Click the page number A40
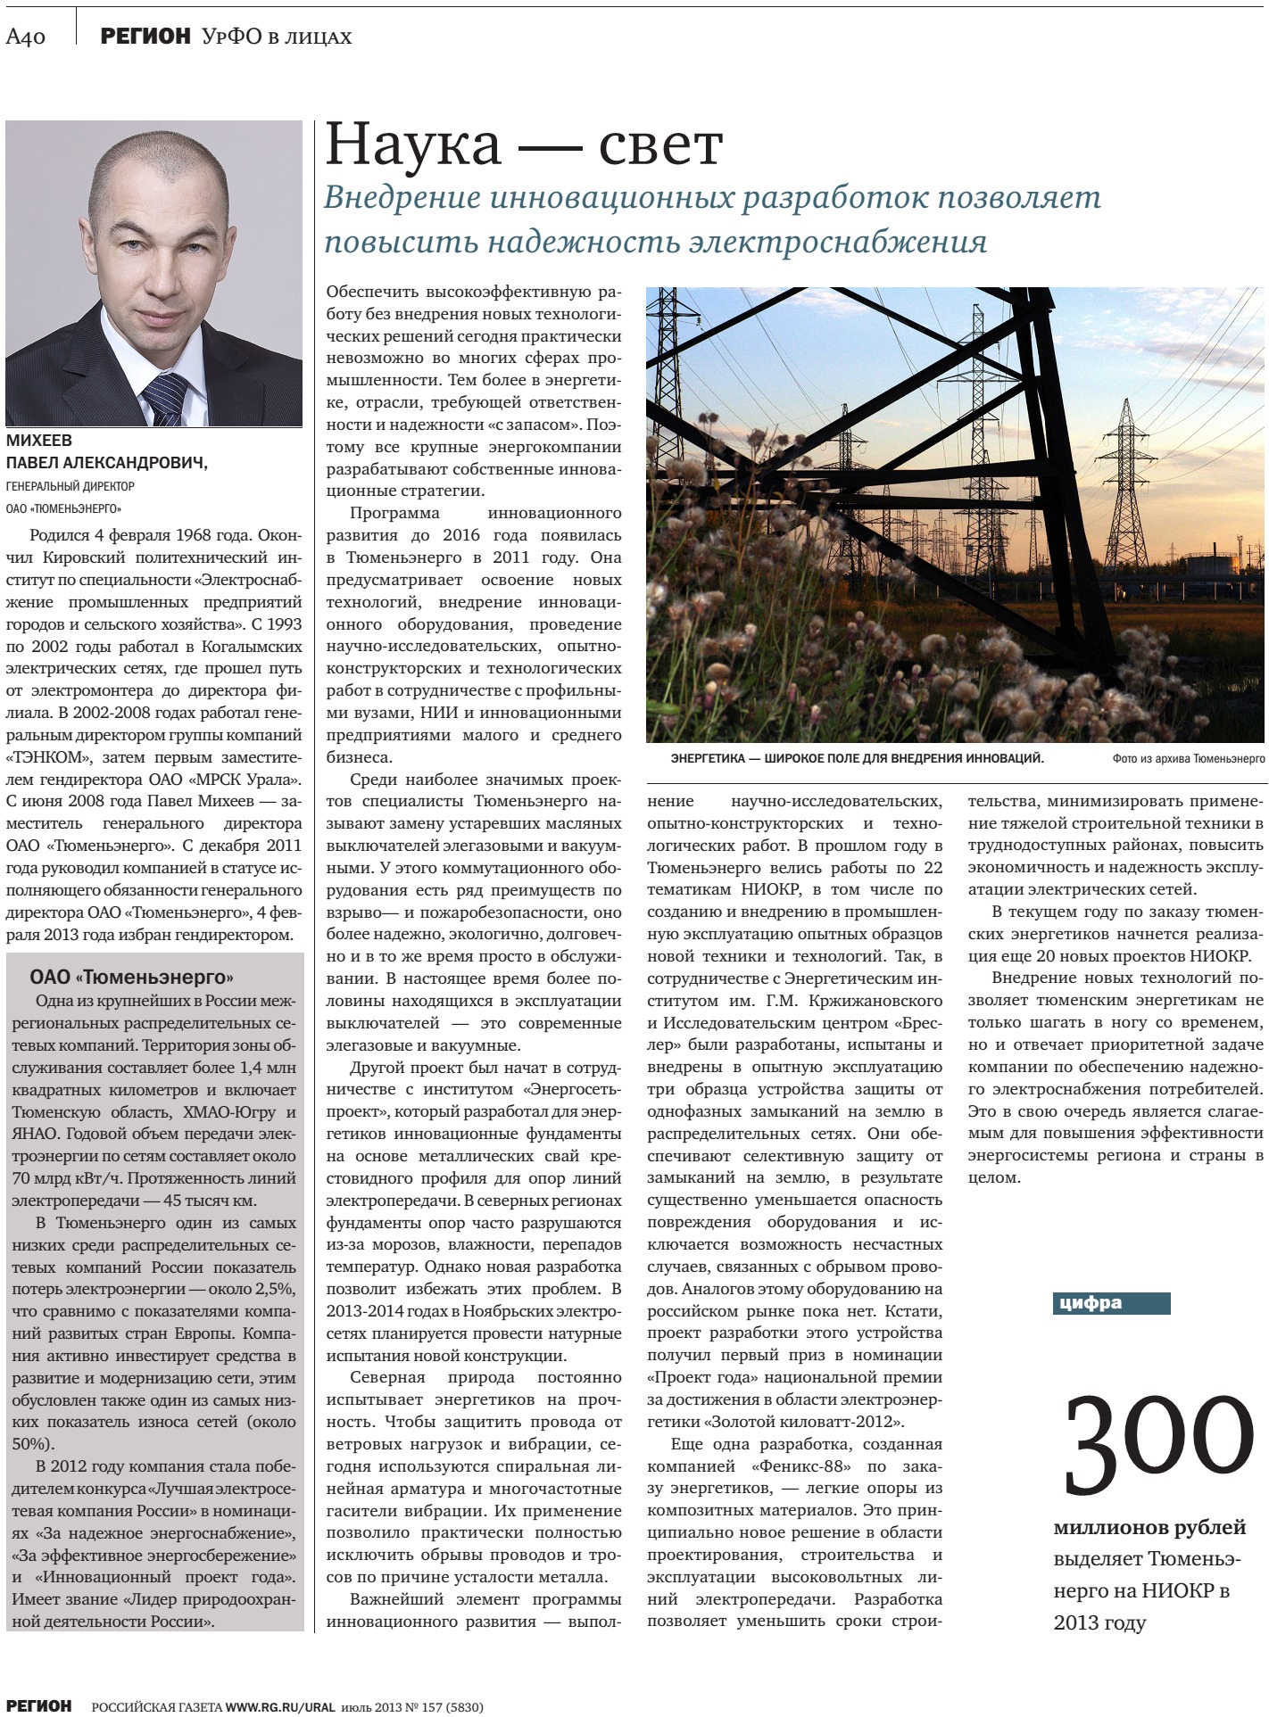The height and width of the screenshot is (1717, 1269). point(26,37)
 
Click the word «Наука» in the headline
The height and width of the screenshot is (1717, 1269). point(413,145)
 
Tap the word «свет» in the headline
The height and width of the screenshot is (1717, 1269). point(660,145)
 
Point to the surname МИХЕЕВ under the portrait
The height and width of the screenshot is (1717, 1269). point(39,441)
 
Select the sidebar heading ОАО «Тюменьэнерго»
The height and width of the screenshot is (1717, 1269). point(131,978)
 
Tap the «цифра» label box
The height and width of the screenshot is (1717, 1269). point(1110,1303)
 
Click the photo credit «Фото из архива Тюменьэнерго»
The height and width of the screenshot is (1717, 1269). point(1188,759)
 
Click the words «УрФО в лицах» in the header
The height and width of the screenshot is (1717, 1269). point(277,37)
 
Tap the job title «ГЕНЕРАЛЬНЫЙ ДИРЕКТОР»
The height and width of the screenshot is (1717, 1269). point(70,487)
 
